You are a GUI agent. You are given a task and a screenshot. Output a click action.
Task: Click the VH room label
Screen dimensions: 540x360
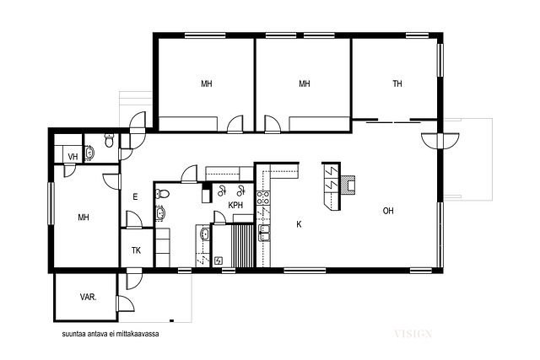pos(73,157)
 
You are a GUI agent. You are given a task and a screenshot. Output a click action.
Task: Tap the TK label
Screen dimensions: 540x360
pos(136,250)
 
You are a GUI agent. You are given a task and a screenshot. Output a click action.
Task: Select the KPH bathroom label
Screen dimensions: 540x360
pos(235,205)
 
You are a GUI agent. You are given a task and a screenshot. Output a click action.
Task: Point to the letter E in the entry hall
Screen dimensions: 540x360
pos(135,197)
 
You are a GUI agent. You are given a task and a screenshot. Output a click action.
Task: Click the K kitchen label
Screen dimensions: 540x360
pos(299,224)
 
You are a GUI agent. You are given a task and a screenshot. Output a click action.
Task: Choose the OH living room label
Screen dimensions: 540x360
pos(388,211)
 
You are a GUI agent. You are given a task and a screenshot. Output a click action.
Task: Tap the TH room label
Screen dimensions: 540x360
pos(397,83)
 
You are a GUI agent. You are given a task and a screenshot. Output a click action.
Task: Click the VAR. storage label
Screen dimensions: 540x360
pos(88,297)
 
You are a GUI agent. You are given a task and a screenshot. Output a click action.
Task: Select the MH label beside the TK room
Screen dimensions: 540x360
pos(84,218)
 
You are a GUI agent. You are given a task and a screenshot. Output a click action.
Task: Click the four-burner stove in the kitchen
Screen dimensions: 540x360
pos(263,197)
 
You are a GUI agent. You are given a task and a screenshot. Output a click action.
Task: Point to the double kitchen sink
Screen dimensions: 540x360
pos(264,234)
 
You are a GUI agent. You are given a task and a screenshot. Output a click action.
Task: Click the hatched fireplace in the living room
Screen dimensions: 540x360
pos(348,185)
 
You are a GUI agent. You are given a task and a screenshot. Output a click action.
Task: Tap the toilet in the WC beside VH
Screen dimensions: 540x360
pos(109,141)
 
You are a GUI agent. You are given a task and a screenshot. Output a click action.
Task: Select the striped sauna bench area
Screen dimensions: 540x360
pos(243,245)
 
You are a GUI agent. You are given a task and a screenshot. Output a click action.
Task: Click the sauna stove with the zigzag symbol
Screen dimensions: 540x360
pos(219,261)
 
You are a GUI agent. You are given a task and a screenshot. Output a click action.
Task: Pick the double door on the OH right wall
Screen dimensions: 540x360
pos(440,141)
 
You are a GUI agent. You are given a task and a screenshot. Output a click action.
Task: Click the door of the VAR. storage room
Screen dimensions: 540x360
pos(126,304)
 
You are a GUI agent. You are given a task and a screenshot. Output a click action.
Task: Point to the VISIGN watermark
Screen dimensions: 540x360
pos(413,334)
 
